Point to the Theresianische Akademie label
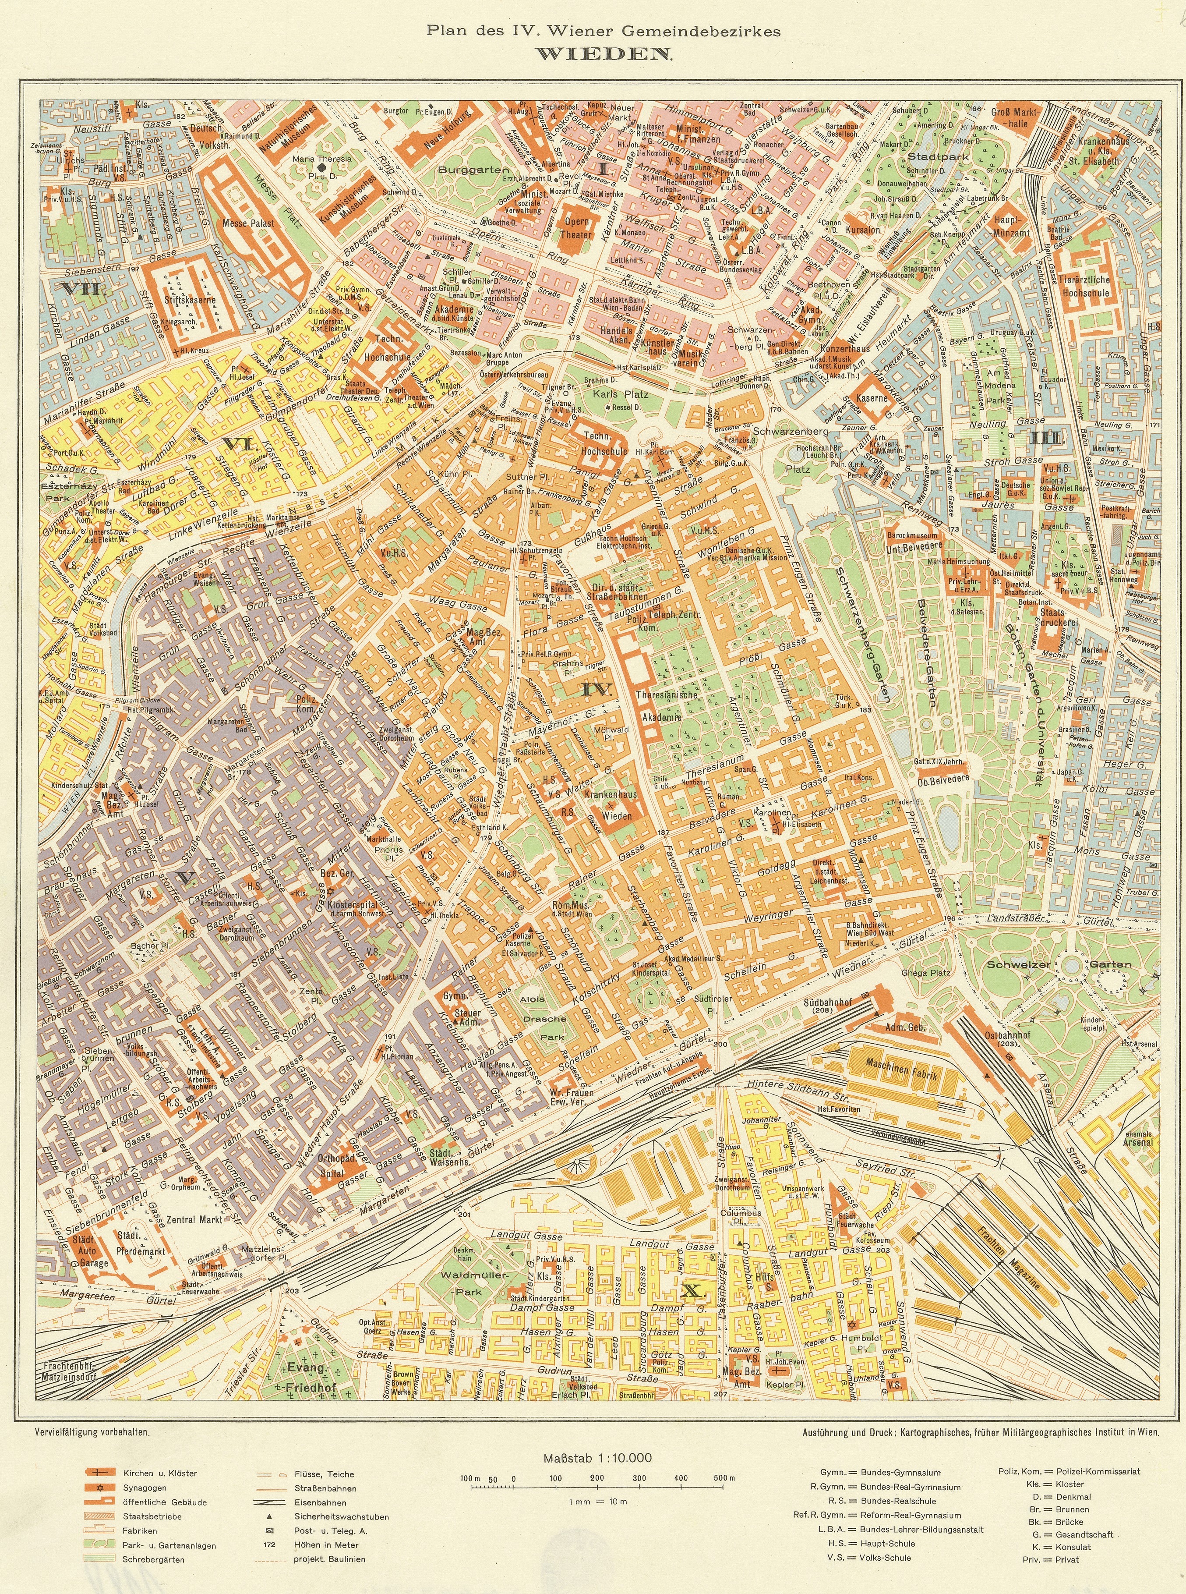coord(667,706)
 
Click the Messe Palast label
coord(248,223)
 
